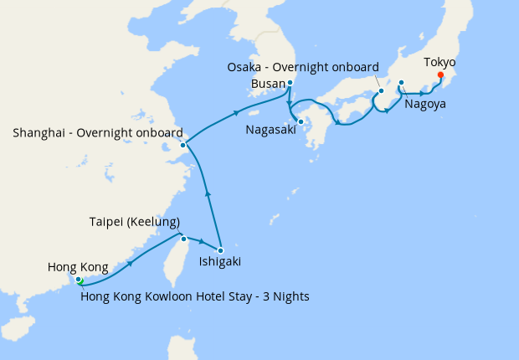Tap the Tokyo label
click(439, 62)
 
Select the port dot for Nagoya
click(402, 82)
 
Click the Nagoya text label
click(424, 105)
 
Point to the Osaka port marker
click(381, 90)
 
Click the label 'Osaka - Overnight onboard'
click(303, 67)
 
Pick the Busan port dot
click(290, 83)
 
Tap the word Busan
click(268, 84)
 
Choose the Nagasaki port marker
click(301, 121)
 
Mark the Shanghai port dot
click(182, 145)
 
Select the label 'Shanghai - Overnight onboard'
click(98, 132)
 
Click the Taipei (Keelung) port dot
click(183, 239)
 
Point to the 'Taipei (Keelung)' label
click(135, 222)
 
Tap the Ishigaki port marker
click(220, 250)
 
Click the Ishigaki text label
click(219, 262)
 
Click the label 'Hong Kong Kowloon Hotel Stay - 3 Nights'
click(189, 296)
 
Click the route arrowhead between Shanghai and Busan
click(237, 113)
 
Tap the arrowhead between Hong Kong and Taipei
click(131, 263)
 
